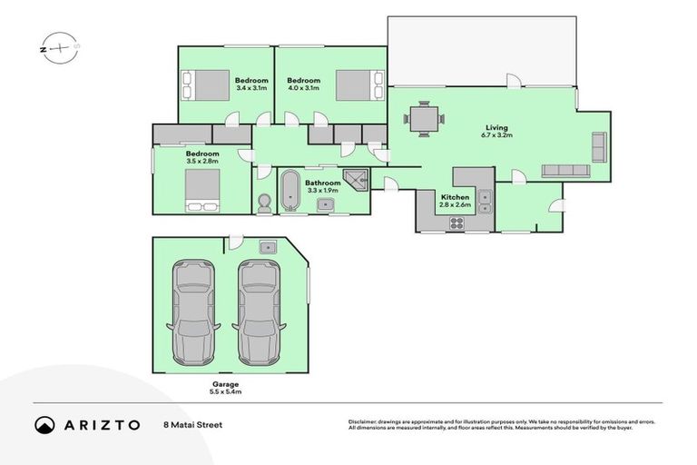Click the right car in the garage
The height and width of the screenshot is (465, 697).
[x=261, y=312]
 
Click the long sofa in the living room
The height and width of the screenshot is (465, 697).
[x=565, y=171]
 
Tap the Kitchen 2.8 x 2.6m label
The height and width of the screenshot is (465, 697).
[x=455, y=202]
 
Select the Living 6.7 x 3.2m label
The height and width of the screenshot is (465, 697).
[x=496, y=132]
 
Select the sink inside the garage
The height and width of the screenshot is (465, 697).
[x=268, y=248]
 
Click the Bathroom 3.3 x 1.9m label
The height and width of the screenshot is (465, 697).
[x=323, y=186]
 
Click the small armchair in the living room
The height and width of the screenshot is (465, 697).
[x=599, y=145]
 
